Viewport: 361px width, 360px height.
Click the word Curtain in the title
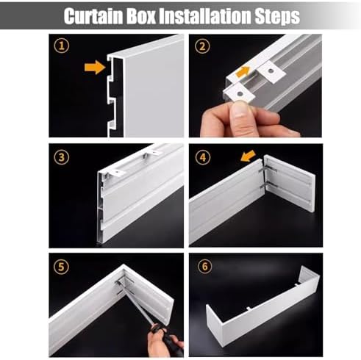click(93, 16)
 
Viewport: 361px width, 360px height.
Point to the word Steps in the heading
click(277, 17)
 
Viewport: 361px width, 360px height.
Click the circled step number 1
click(62, 46)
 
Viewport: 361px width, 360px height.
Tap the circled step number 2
click(202, 46)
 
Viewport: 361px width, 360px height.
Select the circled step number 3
click(61, 157)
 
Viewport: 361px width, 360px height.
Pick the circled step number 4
click(203, 157)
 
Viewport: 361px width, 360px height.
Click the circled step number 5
click(61, 267)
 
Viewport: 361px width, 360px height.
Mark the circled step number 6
click(204, 266)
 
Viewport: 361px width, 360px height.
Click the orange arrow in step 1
click(95, 67)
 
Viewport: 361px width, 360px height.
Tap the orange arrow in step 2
click(243, 72)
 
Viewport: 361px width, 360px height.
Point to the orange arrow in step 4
click(248, 156)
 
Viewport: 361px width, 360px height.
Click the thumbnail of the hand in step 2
click(240, 110)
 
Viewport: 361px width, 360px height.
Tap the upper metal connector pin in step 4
click(268, 169)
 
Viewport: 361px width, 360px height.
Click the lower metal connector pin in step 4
click(268, 186)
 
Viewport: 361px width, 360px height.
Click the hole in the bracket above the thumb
click(240, 94)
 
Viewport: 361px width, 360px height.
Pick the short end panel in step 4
click(289, 183)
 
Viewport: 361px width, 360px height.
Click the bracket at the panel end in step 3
click(115, 173)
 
